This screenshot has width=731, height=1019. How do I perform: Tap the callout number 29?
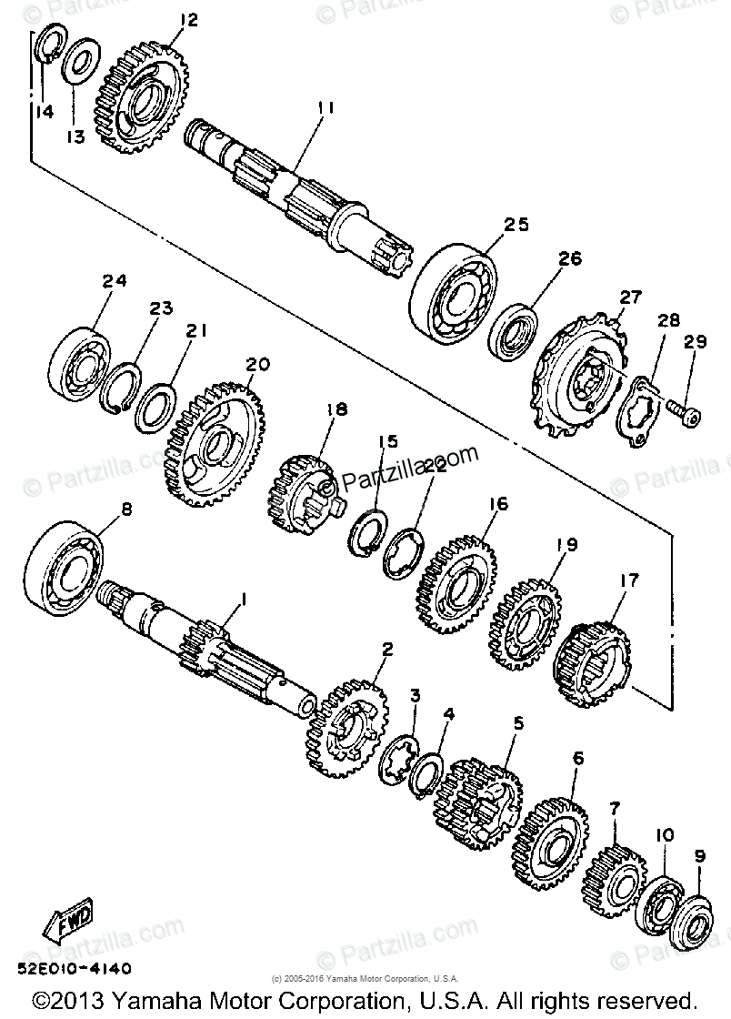[696, 342]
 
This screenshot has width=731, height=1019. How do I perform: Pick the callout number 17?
[628, 579]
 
